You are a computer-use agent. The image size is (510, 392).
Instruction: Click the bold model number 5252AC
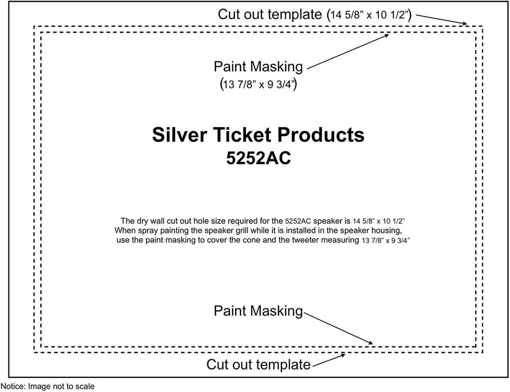258,159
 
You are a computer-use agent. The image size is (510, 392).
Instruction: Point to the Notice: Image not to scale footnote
47,387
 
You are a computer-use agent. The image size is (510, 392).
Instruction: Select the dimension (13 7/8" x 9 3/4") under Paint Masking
258,84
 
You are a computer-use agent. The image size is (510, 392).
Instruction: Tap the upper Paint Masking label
258,67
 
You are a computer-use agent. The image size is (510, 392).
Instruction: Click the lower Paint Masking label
258,311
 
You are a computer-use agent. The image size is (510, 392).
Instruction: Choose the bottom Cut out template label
258,365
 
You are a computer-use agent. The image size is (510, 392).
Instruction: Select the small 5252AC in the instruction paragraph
298,221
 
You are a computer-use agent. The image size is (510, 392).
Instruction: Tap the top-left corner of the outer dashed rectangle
34,26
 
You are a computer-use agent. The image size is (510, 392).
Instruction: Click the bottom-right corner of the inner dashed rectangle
476,347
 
